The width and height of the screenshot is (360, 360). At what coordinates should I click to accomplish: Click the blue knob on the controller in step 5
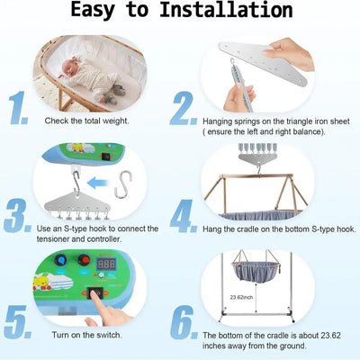pos(59,262)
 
